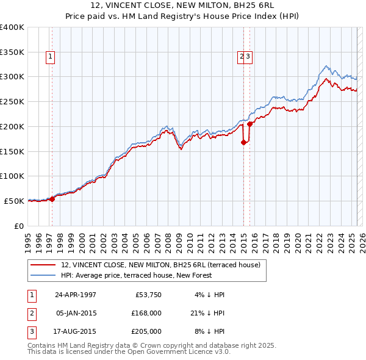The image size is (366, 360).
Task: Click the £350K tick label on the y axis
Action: pos(12,52)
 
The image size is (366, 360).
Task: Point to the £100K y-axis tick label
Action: pos(12,176)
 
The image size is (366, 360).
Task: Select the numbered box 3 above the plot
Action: pos(249,57)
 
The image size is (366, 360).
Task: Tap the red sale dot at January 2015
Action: pos(243,143)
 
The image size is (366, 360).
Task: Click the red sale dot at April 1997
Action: pos(52,198)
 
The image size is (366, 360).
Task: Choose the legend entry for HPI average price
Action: pos(135,275)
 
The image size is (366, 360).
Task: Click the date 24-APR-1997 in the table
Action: pos(75,295)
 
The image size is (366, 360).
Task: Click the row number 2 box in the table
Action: pos(30,313)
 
